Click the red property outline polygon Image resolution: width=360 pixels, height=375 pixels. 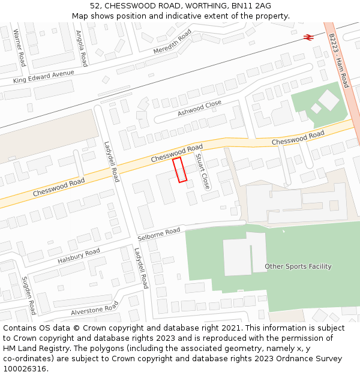point(180,170)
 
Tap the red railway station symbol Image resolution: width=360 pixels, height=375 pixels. point(308,37)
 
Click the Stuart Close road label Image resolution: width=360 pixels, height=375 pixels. point(202,171)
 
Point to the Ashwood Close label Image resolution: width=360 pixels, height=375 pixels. point(199,109)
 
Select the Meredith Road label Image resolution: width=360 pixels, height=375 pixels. point(172,41)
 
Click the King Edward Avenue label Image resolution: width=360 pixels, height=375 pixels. point(44,77)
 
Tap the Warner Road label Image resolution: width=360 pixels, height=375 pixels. point(19,47)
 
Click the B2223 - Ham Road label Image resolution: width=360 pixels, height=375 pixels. point(338,60)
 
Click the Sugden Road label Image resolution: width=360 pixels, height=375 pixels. point(29,295)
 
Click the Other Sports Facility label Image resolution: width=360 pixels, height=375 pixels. point(298,266)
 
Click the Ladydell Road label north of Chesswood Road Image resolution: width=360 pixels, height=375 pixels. point(112,161)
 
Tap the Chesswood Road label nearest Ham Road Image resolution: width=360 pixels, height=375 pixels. point(298,137)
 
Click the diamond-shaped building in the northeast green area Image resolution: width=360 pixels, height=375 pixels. point(329,100)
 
